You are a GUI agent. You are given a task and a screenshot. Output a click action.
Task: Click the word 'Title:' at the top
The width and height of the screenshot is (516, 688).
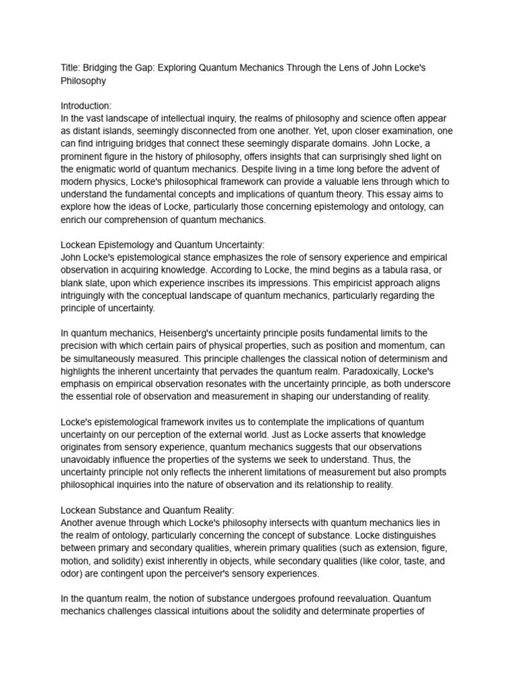point(70,68)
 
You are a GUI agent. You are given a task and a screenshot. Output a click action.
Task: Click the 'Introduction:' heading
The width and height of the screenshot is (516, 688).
point(87,106)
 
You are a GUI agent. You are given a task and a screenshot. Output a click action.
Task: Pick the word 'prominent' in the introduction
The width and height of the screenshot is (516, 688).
point(85,157)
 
